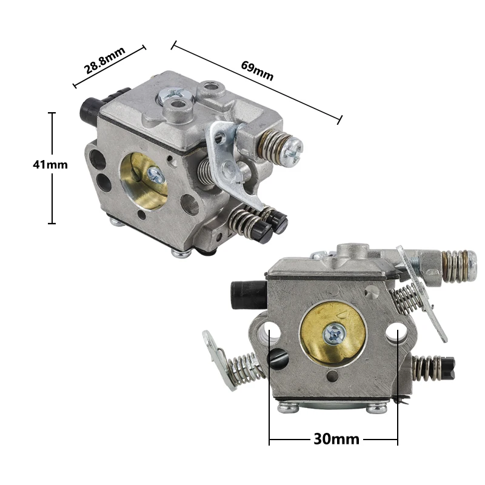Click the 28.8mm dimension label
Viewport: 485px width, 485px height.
(x=105, y=59)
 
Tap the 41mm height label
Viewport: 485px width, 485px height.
(x=50, y=164)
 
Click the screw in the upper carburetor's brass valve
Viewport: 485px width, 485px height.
(x=155, y=175)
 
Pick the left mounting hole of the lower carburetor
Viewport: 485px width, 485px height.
(x=270, y=331)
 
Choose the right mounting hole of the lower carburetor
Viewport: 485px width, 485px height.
(x=397, y=332)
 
